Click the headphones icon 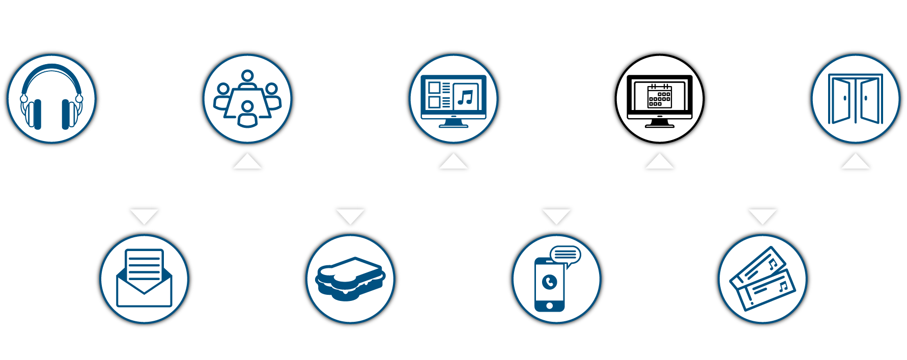[51, 98]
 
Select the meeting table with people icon [247, 99]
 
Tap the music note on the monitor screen [465, 96]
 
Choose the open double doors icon [855, 99]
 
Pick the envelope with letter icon [145, 279]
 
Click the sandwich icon [350, 279]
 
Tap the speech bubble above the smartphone [565, 255]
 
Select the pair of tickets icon [762, 279]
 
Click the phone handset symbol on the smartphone [549, 282]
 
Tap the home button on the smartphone [549, 306]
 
